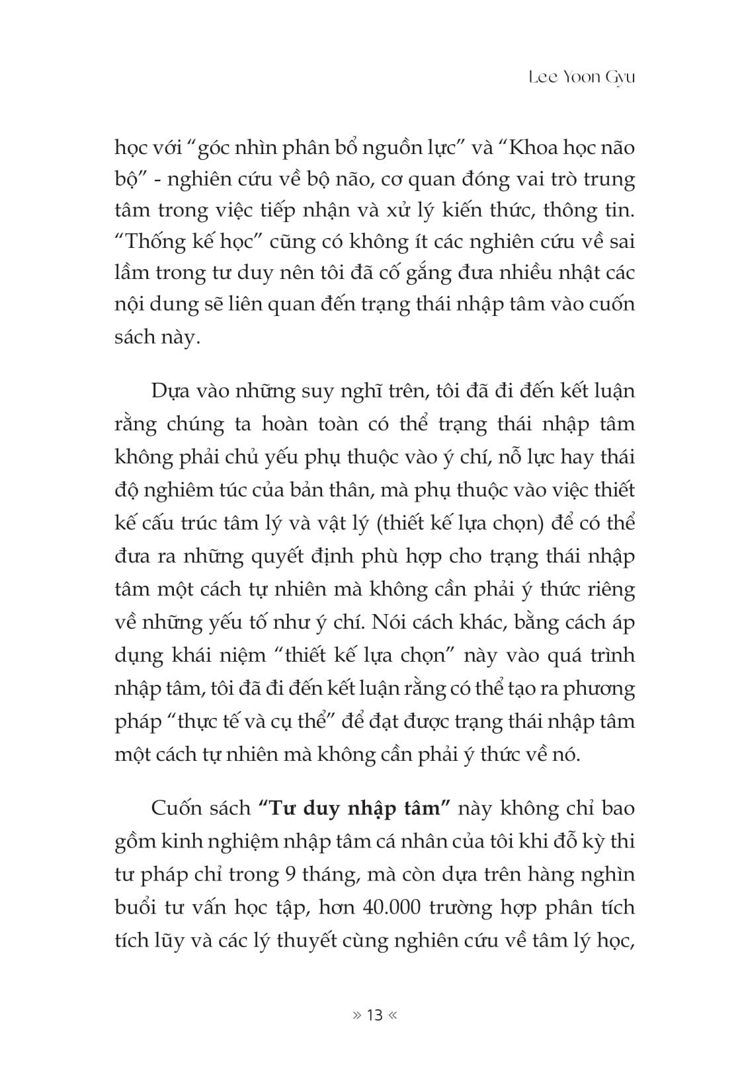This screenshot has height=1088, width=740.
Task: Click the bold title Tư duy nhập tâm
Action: pyautogui.click(x=356, y=808)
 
